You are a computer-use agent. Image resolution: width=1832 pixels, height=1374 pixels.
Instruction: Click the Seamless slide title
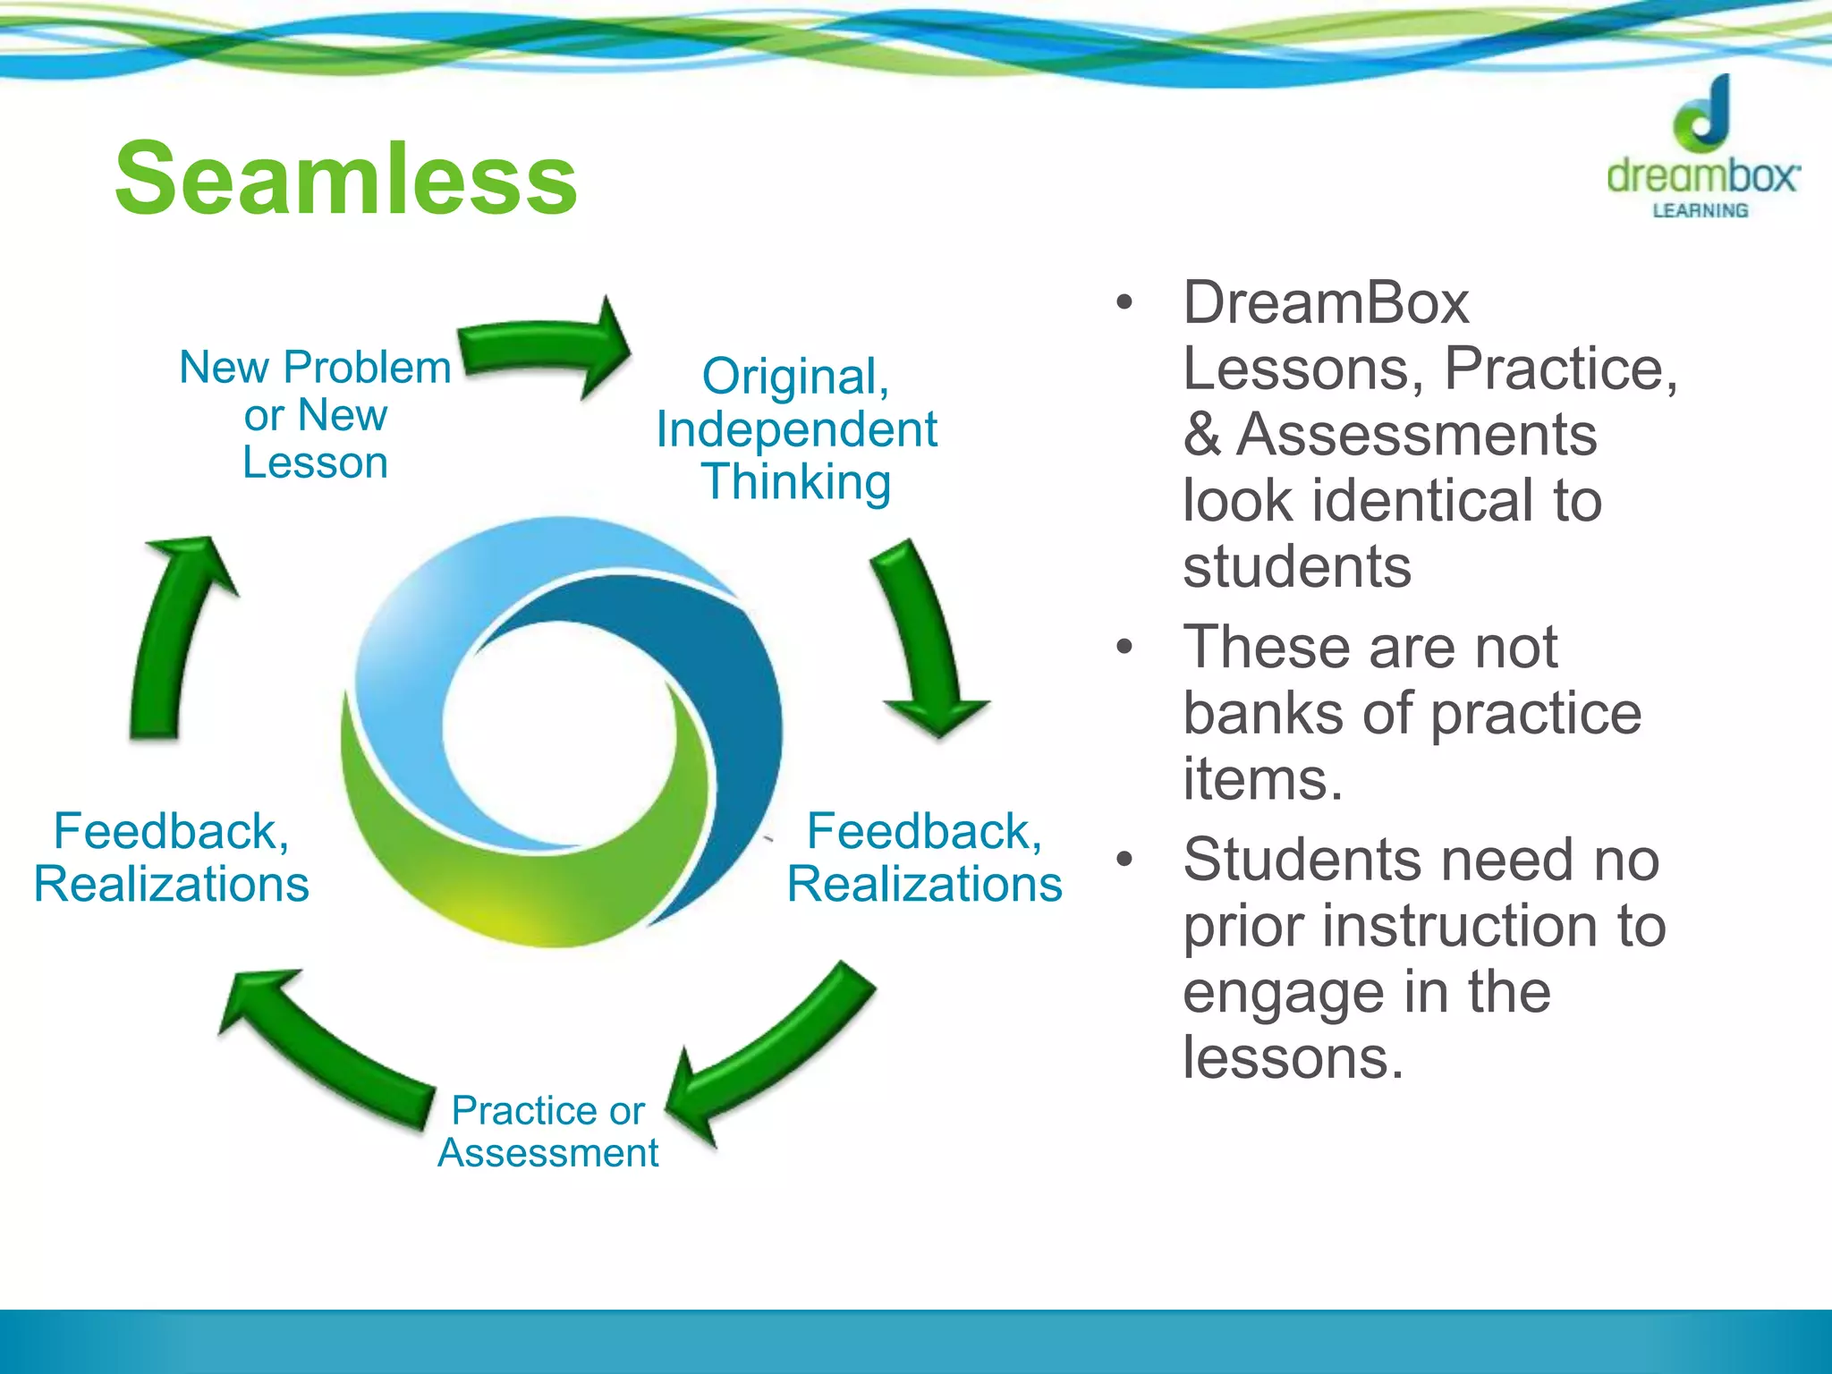(346, 180)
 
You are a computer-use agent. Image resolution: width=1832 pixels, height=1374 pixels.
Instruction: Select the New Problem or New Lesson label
(315, 415)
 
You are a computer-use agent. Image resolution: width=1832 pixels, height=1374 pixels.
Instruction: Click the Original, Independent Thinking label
(796, 429)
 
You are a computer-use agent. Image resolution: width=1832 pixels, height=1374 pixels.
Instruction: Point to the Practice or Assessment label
(548, 1132)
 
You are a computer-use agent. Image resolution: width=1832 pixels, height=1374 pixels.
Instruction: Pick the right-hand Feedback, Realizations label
(925, 858)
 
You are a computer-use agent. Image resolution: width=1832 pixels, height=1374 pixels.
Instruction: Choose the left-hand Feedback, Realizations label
(172, 858)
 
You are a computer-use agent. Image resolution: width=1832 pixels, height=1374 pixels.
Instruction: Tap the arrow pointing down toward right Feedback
(926, 640)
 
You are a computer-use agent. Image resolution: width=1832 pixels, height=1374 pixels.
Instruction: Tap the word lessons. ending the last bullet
(1293, 1058)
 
